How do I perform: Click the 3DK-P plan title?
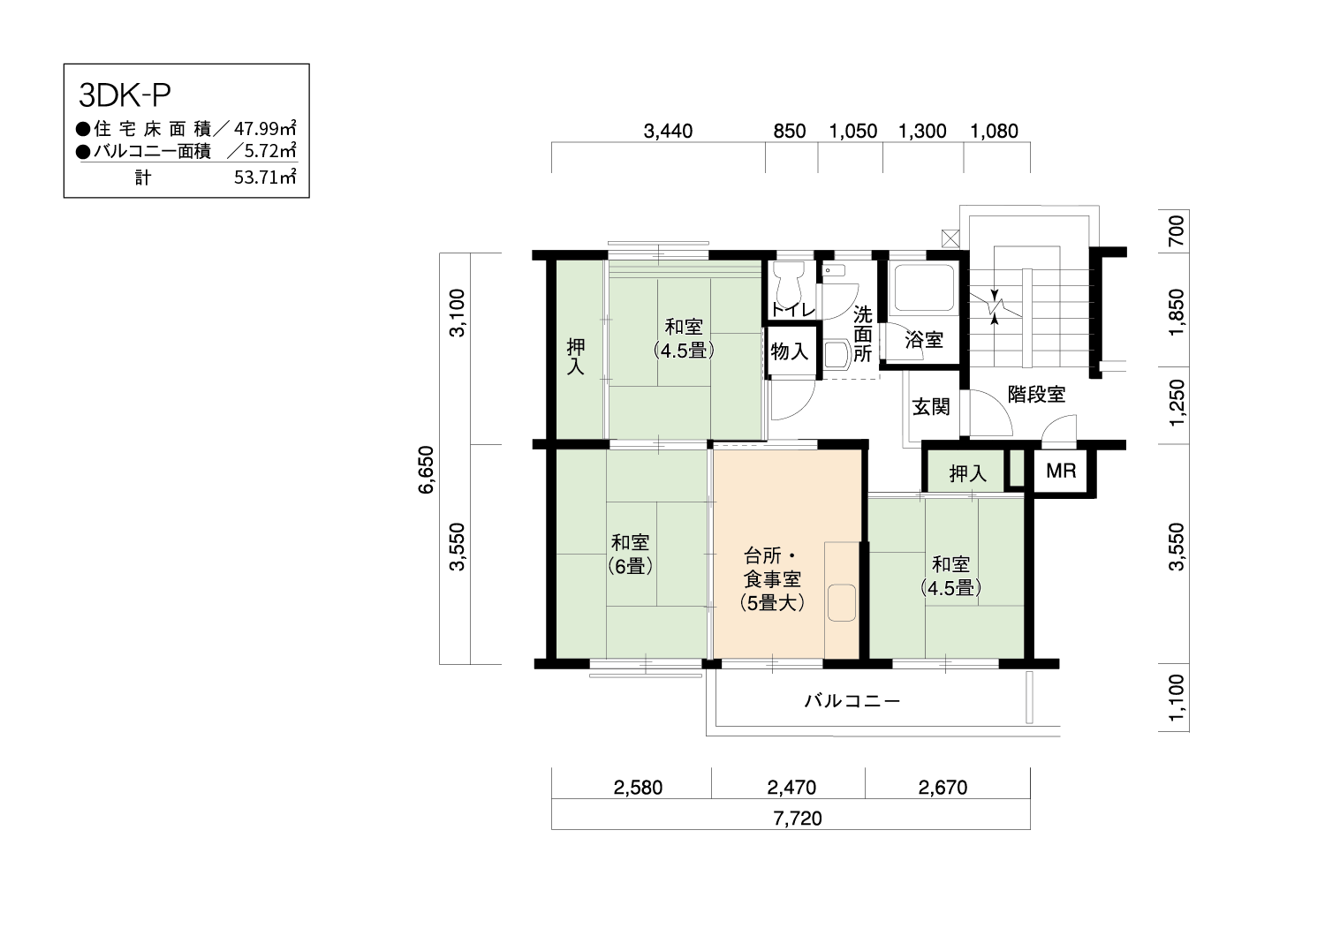125,95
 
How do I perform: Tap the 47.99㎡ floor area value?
265,128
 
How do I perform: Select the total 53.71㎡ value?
265,177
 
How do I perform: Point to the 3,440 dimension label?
668,131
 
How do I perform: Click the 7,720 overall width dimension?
798,819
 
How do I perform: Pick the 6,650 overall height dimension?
427,470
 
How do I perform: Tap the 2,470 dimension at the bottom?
791,788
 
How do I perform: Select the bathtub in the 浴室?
925,288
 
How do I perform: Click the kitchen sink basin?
842,602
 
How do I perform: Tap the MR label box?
1061,472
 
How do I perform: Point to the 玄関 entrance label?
931,407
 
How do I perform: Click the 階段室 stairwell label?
1036,395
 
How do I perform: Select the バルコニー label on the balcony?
852,701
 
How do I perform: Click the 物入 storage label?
789,351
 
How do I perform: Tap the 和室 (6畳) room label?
630,554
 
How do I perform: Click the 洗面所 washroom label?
862,334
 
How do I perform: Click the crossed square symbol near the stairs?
950,238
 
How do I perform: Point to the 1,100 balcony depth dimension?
1177,698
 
